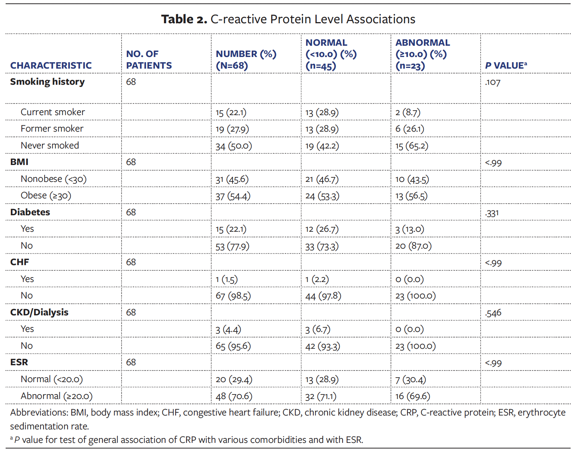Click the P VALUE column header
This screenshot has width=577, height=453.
click(505, 66)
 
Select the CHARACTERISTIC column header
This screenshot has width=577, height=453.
click(51, 66)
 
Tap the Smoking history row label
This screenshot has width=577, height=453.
click(47, 82)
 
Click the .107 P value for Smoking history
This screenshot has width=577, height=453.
click(492, 82)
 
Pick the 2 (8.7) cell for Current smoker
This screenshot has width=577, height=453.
click(407, 112)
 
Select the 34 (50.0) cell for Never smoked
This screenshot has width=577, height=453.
click(233, 146)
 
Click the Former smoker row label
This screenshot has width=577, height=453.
click(52, 129)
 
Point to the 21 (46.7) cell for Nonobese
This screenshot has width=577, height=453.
click(322, 179)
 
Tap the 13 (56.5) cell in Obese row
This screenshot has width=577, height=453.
click(411, 196)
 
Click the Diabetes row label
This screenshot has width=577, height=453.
click(30, 212)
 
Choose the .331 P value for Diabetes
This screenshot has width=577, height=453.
click(491, 213)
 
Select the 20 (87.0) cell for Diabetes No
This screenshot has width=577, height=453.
click(413, 246)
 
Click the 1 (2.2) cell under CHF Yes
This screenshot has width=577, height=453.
click(317, 279)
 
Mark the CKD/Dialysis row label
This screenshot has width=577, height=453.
click(39, 312)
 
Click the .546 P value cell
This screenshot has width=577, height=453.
click(493, 313)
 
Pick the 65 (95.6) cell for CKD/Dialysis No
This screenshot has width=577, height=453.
click(233, 346)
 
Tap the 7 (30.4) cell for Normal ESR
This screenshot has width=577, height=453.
click(410, 379)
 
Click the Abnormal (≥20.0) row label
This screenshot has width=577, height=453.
click(56, 396)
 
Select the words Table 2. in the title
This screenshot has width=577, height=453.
click(184, 19)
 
